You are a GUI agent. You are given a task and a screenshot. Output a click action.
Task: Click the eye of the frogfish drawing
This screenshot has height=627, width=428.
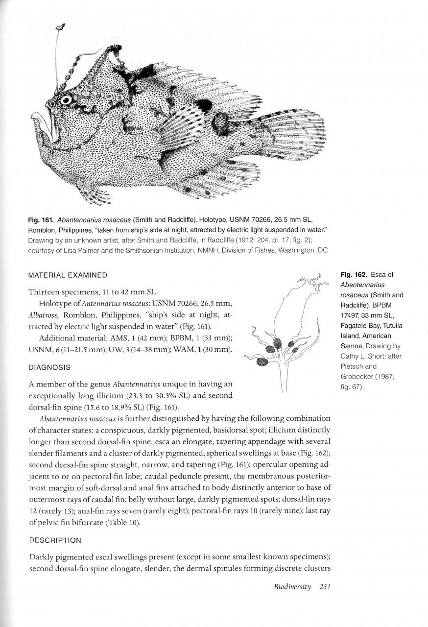coord(66,100)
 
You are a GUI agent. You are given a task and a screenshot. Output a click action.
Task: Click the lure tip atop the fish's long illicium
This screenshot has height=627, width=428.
coord(60,27)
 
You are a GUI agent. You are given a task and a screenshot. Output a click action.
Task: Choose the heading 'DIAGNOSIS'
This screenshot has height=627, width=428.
coord(50,367)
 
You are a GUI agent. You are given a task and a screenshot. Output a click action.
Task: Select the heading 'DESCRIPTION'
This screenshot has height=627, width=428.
coord(55,540)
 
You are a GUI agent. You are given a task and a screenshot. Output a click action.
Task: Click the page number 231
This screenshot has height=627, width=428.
coord(324,587)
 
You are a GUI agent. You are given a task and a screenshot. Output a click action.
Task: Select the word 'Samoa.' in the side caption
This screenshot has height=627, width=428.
coord(353,346)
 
